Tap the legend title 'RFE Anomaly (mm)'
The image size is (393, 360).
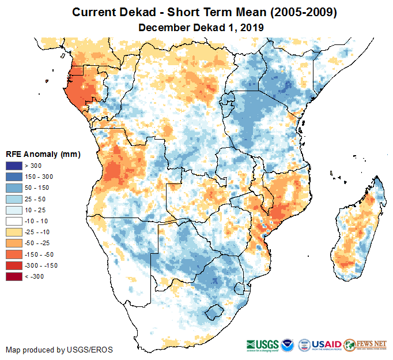pos(43,154)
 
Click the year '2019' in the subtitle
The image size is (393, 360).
pos(251,27)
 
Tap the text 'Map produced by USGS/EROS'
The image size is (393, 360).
pos(59,350)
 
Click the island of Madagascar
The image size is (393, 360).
pos(357,231)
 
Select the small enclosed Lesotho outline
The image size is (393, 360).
pos(214,312)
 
